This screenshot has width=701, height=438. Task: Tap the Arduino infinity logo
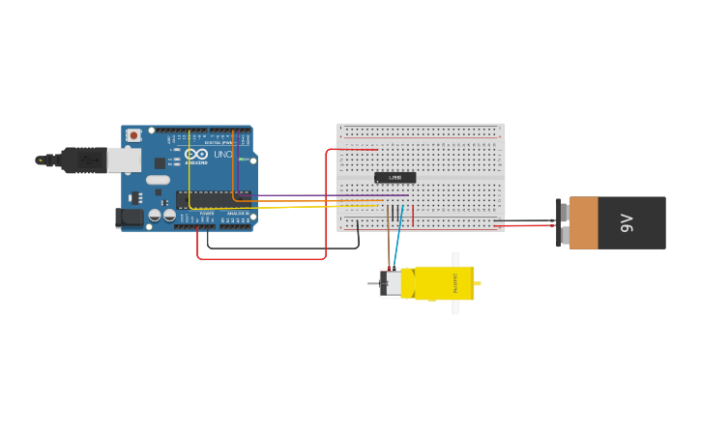(x=196, y=155)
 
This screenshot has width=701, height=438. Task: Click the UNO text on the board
(x=222, y=155)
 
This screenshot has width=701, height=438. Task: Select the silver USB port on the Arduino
(x=123, y=160)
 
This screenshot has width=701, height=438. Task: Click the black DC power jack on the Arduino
(x=129, y=219)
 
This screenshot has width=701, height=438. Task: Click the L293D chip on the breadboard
(x=394, y=178)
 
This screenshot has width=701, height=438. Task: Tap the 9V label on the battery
(x=626, y=223)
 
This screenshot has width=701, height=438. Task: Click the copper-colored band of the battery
(x=583, y=223)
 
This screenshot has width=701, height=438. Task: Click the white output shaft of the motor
(x=455, y=283)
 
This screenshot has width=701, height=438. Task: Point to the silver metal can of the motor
(x=391, y=283)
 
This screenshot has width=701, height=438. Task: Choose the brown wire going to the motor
(x=389, y=242)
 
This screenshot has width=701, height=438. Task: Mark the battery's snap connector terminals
(x=559, y=223)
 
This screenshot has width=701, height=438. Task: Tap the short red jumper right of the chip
(x=413, y=216)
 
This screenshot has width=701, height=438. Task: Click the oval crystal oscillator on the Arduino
(x=159, y=180)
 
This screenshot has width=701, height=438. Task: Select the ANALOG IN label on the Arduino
(x=237, y=213)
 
